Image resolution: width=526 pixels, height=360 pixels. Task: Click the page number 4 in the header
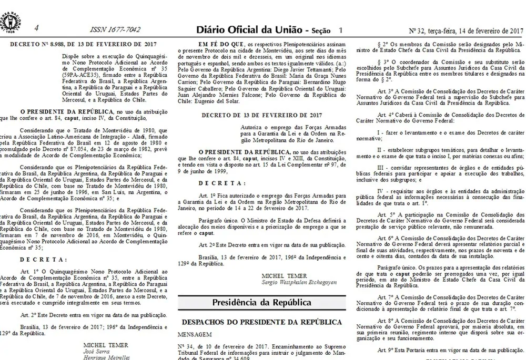(x=36, y=28)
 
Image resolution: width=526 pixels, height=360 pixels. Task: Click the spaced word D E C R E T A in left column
(x=44, y=259)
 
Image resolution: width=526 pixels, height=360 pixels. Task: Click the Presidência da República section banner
(x=261, y=302)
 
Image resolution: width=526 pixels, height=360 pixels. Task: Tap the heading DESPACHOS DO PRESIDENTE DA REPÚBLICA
(x=262, y=322)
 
